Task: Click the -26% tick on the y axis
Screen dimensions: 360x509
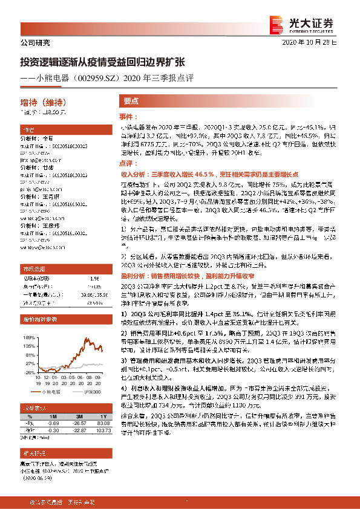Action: (x=30, y=373)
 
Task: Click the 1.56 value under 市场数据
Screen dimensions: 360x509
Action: (x=94, y=278)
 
